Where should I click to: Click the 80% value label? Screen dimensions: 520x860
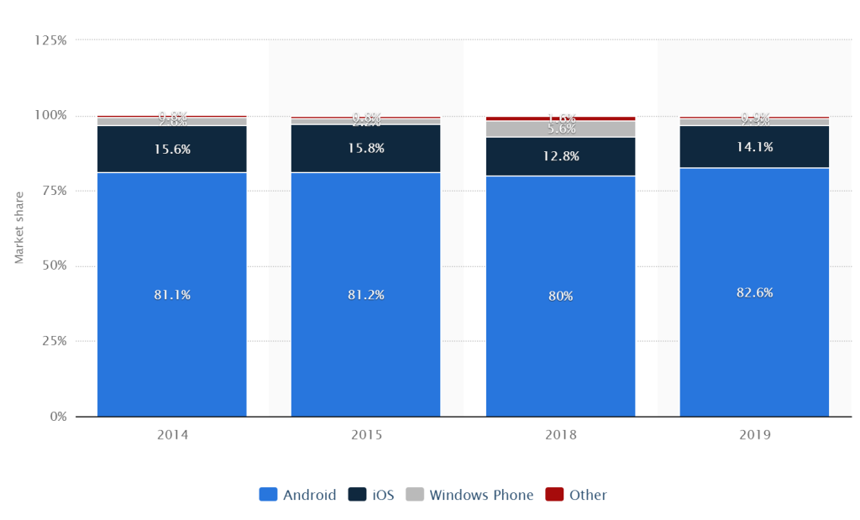560,296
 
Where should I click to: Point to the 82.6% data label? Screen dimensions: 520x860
754,292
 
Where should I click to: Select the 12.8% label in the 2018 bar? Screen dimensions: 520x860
560,156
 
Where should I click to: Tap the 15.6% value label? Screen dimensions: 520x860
171,149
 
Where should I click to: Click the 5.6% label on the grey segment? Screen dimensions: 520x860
560,129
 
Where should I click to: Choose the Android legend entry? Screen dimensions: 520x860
298,495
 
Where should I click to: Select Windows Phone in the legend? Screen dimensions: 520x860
470,495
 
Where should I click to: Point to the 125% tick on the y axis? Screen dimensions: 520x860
50,39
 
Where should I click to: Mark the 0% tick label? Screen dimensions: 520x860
57,417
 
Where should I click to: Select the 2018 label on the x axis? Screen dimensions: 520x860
560,435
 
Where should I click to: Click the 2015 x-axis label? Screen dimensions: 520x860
365,435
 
